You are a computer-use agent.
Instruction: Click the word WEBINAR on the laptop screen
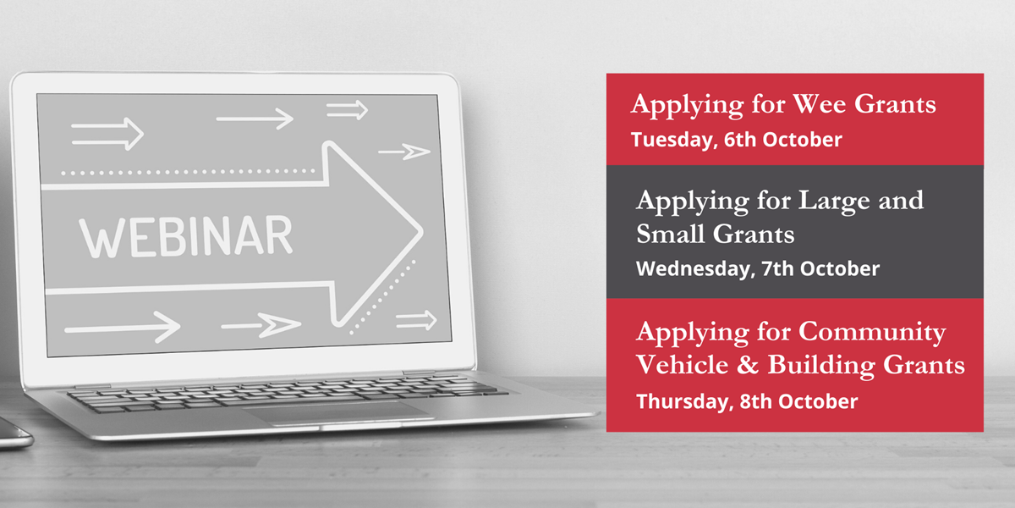pyautogui.click(x=186, y=236)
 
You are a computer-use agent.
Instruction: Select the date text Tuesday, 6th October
pyautogui.click(x=737, y=140)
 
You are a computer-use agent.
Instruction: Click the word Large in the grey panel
pyautogui.click(x=834, y=202)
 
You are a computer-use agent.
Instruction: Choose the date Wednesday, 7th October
pyautogui.click(x=758, y=269)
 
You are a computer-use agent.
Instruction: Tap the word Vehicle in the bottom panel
pyautogui.click(x=682, y=365)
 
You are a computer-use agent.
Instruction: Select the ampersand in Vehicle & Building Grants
pyautogui.click(x=748, y=365)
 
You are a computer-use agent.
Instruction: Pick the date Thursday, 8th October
pyautogui.click(x=747, y=402)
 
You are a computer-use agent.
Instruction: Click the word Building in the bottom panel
pyautogui.click(x=820, y=366)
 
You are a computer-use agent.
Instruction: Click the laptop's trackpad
pyautogui.click(x=337, y=413)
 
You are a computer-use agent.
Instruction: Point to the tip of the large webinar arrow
pyautogui.click(x=422, y=232)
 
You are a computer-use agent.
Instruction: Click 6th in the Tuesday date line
pyautogui.click(x=739, y=139)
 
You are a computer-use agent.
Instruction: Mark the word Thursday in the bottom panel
pyautogui.click(x=684, y=402)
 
